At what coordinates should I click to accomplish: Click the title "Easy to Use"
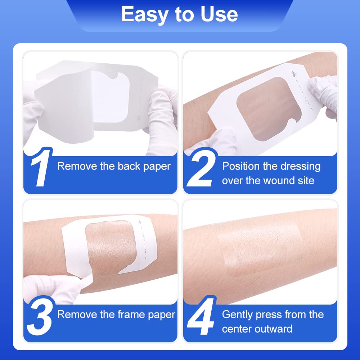coord(179,14)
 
